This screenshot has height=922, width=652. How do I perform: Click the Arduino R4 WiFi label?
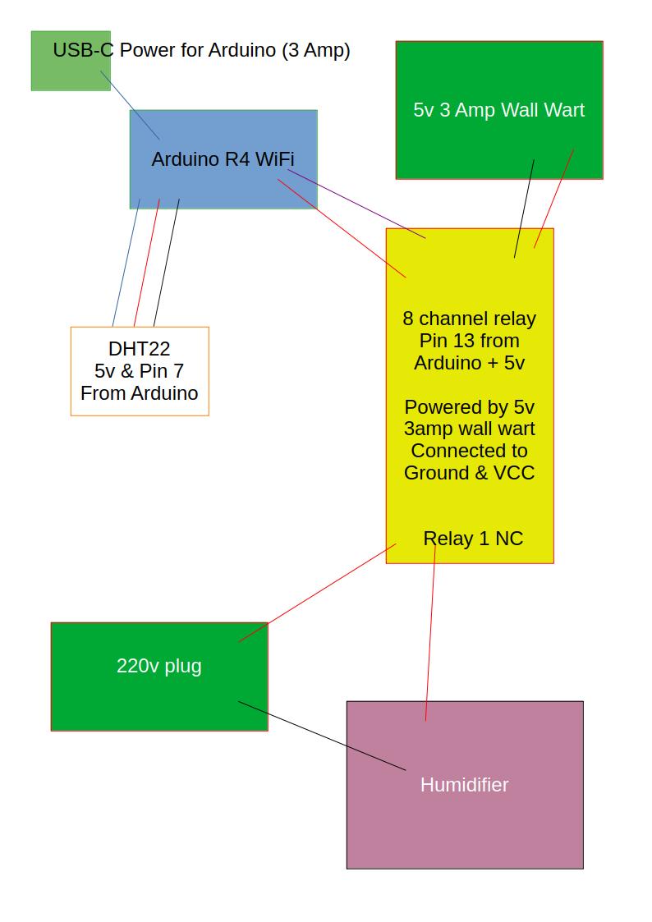click(223, 159)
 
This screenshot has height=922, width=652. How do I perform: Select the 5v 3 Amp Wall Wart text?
click(498, 110)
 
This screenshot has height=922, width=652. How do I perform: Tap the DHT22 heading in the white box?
click(140, 349)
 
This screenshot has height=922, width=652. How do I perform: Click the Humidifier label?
click(464, 785)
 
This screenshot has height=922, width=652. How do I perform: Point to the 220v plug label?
click(158, 666)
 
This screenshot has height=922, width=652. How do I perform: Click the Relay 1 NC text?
click(473, 539)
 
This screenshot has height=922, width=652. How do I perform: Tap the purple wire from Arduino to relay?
click(356, 204)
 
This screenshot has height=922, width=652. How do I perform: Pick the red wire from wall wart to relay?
click(554, 198)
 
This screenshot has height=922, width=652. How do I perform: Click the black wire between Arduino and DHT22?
click(167, 262)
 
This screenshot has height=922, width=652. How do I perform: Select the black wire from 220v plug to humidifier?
click(322, 736)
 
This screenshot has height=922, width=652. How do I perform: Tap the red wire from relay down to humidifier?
click(430, 632)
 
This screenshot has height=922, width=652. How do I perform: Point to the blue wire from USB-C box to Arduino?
click(130, 104)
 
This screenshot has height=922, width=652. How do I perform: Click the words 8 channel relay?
click(469, 319)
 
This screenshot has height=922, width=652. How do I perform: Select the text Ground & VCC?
click(469, 473)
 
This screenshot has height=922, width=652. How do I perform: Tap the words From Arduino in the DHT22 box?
click(140, 393)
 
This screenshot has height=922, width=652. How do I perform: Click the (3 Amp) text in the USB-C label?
click(315, 50)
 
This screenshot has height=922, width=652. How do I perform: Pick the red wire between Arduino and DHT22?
click(147, 262)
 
